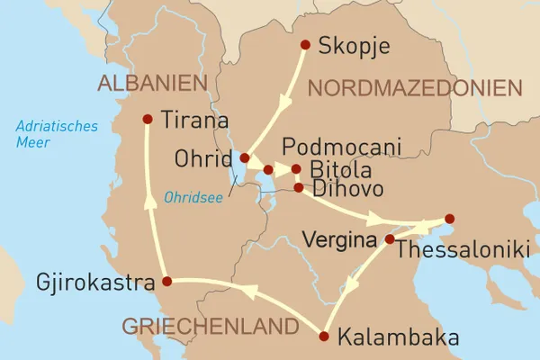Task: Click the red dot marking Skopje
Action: tap(305, 45)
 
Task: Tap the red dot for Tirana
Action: tap(148, 119)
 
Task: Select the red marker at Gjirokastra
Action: tap(166, 282)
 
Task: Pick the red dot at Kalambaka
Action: tap(324, 337)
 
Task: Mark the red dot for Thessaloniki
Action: tap(449, 219)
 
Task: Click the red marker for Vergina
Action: tap(389, 239)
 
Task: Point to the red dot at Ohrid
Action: tap(245, 157)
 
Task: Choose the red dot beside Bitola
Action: tap(296, 168)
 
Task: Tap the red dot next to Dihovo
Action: tap(298, 187)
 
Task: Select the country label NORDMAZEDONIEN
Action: tap(415, 88)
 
